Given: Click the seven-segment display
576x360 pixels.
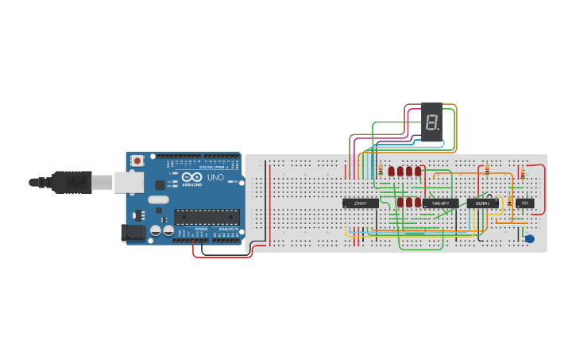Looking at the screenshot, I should pyautogui.click(x=431, y=122).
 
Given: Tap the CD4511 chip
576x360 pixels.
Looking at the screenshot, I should pyautogui.click(x=360, y=203).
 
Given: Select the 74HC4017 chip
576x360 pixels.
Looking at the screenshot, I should pyautogui.click(x=440, y=203).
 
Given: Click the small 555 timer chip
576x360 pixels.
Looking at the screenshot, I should pyautogui.click(x=524, y=203).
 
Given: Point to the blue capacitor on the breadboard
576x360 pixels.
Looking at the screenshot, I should pyautogui.click(x=530, y=238).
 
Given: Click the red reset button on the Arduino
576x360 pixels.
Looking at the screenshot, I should pyautogui.click(x=137, y=161).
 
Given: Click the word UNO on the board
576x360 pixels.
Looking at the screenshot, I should pyautogui.click(x=215, y=177).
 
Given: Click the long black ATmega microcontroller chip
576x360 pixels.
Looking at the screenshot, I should pyautogui.click(x=207, y=216).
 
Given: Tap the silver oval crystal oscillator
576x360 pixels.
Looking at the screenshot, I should pyautogui.click(x=158, y=199).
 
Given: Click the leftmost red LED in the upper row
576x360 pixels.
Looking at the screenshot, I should pyautogui.click(x=391, y=171).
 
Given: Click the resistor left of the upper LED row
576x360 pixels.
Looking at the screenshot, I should pyautogui.click(x=381, y=171).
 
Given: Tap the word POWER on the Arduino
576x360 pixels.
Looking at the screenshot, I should pyautogui.click(x=202, y=229).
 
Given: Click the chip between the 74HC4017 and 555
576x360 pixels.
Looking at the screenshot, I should pyautogui.click(x=482, y=203).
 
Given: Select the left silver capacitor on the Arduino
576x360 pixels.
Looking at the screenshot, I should pyautogui.click(x=156, y=230).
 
